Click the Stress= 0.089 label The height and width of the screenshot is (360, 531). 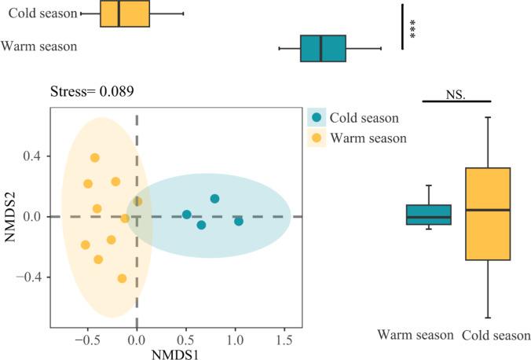[92, 91]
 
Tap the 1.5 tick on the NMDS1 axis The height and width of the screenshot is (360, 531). [282, 339]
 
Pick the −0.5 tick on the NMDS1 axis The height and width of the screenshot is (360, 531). [86, 339]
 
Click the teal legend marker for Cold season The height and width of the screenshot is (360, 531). [317, 118]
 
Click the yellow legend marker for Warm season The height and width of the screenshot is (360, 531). [317, 138]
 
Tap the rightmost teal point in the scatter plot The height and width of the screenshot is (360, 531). [239, 221]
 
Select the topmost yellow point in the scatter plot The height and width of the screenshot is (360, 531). [95, 158]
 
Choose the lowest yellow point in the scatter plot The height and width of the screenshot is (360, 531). [122, 278]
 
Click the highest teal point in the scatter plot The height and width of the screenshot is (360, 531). [214, 199]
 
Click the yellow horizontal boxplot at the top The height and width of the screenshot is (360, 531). [125, 14]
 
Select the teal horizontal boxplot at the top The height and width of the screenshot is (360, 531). [323, 48]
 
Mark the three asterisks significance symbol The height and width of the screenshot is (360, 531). [413, 28]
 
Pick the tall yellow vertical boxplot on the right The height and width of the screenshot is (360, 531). [488, 213]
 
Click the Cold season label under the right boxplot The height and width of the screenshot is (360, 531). [496, 336]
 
